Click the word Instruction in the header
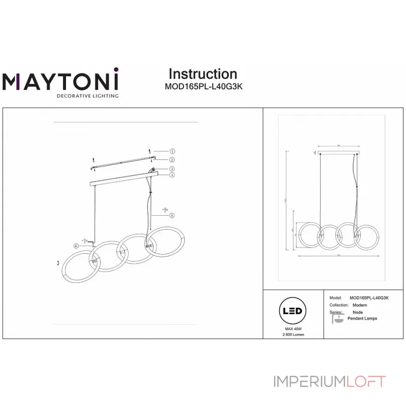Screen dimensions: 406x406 (202, 74)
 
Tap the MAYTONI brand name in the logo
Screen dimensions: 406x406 (60, 82)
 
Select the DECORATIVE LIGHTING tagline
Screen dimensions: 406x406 (87, 95)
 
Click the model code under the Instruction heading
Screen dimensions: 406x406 (204, 86)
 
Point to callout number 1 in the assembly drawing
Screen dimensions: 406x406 (172, 151)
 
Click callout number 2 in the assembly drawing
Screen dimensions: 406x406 (172, 159)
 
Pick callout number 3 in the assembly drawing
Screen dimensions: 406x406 (172, 169)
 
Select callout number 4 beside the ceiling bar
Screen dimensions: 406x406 (172, 175)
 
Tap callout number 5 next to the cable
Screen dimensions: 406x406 (172, 215)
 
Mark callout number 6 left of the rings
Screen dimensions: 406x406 (76, 246)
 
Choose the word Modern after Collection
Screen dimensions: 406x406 (360, 305)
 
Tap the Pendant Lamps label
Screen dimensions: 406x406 (362, 319)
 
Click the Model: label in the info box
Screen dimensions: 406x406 (335, 298)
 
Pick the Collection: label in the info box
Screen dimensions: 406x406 (339, 305)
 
